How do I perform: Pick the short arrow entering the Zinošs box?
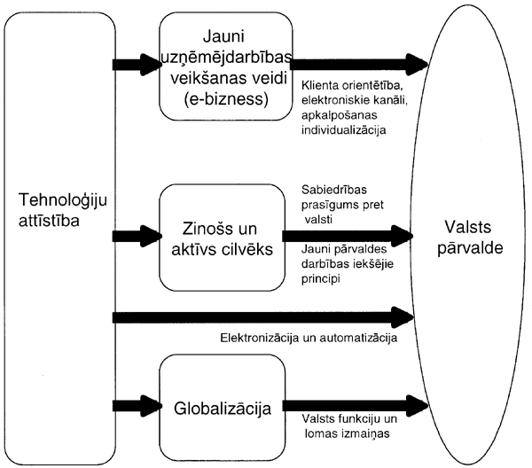[135, 237]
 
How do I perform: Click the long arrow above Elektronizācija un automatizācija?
[266, 315]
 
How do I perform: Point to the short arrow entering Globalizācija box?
[135, 405]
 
